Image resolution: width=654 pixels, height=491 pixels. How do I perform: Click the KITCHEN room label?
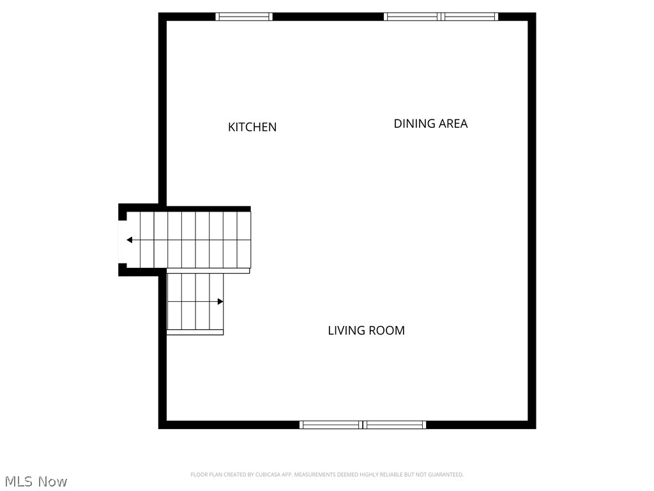click(x=252, y=127)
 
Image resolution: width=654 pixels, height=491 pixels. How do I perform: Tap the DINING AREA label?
click(x=430, y=124)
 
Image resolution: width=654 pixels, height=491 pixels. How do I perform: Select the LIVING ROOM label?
click(x=366, y=331)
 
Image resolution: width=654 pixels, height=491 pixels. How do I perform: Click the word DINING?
click(x=414, y=124)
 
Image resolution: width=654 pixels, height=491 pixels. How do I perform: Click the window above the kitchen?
click(x=244, y=17)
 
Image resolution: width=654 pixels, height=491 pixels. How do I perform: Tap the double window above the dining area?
click(x=441, y=17)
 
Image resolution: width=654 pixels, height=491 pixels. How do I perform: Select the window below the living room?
click(x=363, y=425)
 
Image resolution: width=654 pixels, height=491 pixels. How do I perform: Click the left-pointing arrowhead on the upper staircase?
click(x=130, y=240)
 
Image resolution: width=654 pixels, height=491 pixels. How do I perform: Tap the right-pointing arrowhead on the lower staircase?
click(x=220, y=301)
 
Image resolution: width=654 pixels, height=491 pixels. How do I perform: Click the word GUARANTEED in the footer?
click(x=446, y=474)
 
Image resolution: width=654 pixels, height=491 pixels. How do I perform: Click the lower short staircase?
click(x=195, y=302)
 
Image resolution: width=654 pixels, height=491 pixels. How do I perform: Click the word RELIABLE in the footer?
click(x=391, y=474)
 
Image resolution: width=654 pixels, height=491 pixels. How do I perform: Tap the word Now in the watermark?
click(x=53, y=481)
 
